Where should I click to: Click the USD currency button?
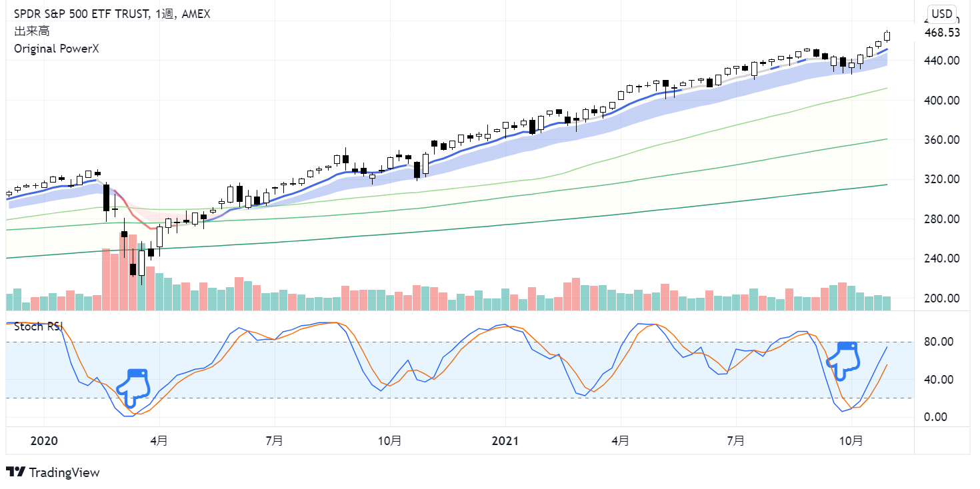(942, 13)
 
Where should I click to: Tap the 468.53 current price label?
(942, 33)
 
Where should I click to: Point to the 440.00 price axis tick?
(942, 61)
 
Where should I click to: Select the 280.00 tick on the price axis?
(942, 219)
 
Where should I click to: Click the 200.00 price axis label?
(942, 298)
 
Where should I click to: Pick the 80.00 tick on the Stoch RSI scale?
(942, 342)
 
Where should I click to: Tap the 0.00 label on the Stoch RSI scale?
(942, 417)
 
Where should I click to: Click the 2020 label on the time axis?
(45, 441)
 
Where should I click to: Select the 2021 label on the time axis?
(505, 441)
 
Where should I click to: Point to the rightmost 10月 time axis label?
(851, 441)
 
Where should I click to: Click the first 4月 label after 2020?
(159, 441)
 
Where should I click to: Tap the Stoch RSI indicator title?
(39, 326)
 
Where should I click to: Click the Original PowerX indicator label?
(56, 49)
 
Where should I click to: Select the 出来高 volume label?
(31, 31)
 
